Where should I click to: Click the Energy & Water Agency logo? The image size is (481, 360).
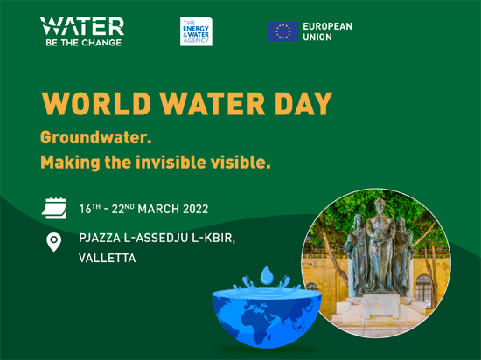click(x=196, y=31)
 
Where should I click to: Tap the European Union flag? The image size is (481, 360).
click(x=282, y=31)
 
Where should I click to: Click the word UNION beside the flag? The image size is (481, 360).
click(x=317, y=37)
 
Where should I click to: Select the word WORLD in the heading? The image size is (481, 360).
click(x=96, y=103)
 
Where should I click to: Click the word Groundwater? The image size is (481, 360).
click(x=96, y=137)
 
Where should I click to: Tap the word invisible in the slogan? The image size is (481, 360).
click(x=171, y=162)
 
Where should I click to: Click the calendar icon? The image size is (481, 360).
click(x=54, y=208)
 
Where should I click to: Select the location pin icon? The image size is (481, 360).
click(x=53, y=242)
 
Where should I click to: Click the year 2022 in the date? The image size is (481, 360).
click(x=195, y=209)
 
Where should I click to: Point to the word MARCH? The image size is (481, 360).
click(x=158, y=209)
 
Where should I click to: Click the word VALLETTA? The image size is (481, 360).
click(x=107, y=258)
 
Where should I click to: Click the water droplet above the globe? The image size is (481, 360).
click(x=267, y=275)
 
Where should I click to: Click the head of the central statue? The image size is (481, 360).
click(x=380, y=204)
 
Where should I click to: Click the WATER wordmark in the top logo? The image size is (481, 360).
click(x=82, y=26)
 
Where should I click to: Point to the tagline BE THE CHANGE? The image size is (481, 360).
click(x=83, y=43)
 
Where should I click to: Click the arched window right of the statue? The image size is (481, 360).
click(x=423, y=291)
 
